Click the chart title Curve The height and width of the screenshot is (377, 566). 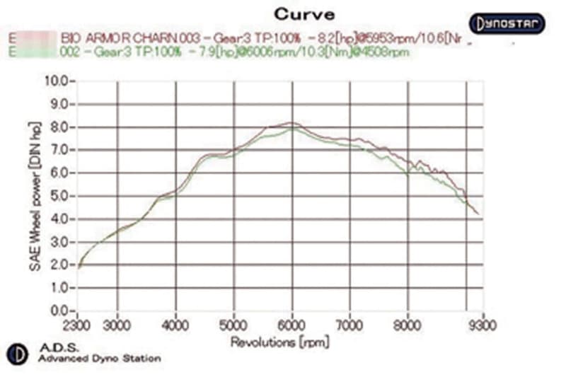pyautogui.click(x=304, y=13)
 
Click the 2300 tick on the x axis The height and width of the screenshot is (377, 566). pyautogui.click(x=77, y=326)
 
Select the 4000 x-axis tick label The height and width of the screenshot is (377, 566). pyautogui.click(x=175, y=326)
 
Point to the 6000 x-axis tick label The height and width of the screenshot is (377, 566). pyautogui.click(x=291, y=326)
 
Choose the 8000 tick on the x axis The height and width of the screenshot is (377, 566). pyautogui.click(x=408, y=326)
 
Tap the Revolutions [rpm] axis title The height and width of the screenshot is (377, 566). pyautogui.click(x=276, y=342)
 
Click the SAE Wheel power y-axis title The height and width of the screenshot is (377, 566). pyautogui.click(x=32, y=196)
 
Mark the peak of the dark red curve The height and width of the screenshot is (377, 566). pyautogui.click(x=290, y=122)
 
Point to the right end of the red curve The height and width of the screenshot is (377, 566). pyautogui.click(x=478, y=214)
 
